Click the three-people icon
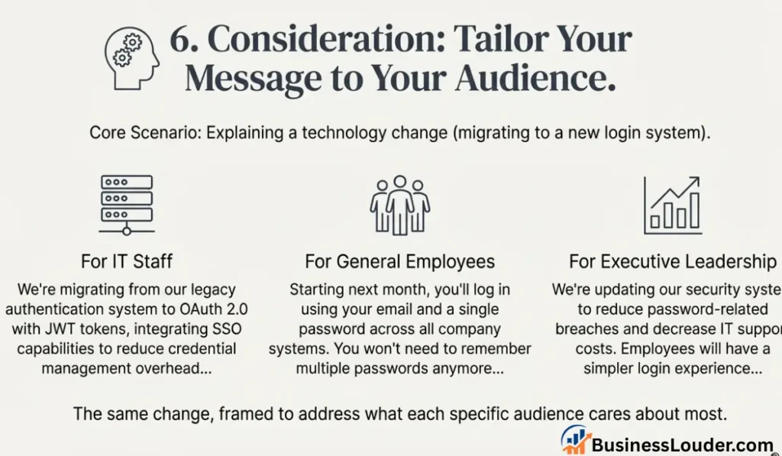(399, 204)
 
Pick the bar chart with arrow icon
(672, 205)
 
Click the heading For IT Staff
(127, 261)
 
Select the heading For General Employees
(399, 261)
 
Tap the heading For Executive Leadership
(672, 261)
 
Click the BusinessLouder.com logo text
(684, 445)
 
